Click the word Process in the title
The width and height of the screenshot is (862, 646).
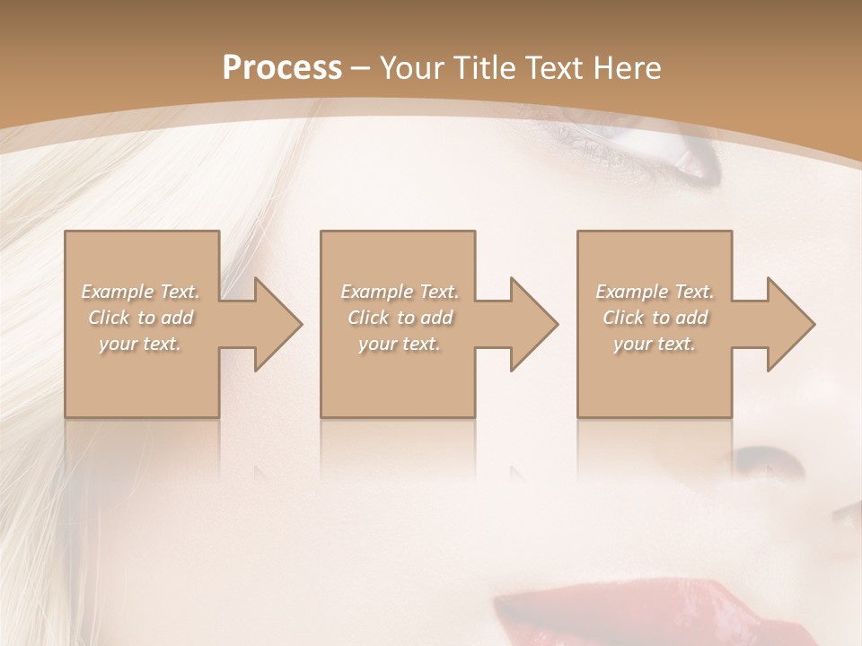(x=282, y=67)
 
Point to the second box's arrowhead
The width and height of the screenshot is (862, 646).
(x=532, y=324)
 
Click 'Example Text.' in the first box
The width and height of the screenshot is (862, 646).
(x=141, y=292)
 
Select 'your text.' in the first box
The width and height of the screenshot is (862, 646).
(x=141, y=344)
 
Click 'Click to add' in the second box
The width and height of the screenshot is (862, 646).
(x=400, y=318)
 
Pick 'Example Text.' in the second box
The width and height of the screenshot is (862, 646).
(x=400, y=292)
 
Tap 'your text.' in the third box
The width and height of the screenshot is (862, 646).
(x=655, y=344)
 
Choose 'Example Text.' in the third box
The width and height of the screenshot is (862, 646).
(x=655, y=292)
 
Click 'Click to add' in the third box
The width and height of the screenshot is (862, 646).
(x=655, y=318)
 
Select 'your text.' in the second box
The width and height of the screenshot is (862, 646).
(x=400, y=344)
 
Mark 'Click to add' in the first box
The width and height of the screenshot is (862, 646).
(x=141, y=318)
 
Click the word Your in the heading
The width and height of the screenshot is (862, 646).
(x=413, y=67)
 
